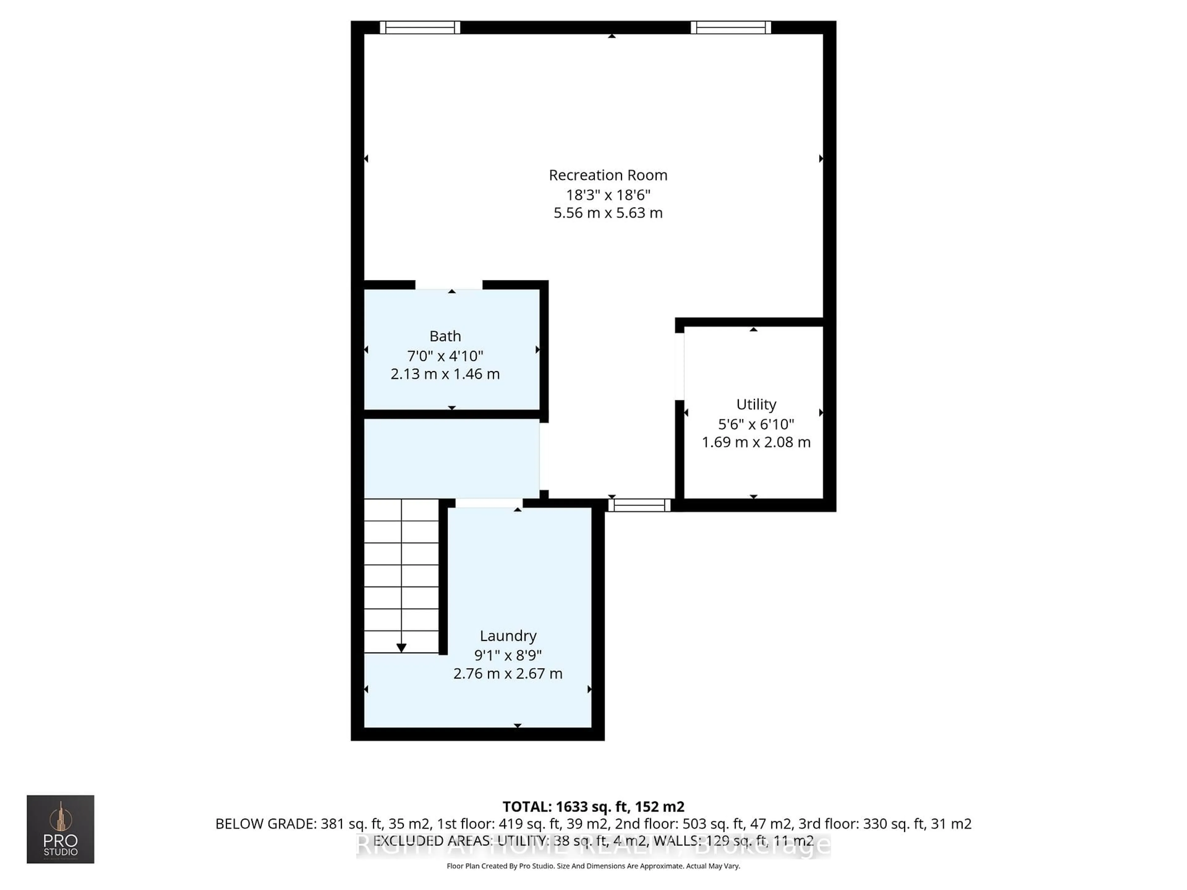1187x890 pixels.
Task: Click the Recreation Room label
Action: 608,176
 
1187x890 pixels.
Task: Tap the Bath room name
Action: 445,336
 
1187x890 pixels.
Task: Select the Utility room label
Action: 756,405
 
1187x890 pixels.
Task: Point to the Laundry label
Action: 508,636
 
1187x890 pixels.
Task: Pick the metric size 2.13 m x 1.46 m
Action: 445,374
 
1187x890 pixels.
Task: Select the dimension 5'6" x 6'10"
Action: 756,424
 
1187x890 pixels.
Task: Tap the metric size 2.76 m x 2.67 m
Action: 508,673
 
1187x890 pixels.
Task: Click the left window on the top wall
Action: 420,28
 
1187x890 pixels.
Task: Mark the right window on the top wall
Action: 730,28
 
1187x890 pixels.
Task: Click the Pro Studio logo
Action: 61,829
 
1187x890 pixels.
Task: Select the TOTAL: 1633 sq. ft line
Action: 593,806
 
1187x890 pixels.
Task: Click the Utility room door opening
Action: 679,367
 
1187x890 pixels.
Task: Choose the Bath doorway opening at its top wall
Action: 449,285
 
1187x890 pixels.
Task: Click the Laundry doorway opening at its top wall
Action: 489,503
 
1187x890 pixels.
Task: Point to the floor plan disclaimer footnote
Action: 593,866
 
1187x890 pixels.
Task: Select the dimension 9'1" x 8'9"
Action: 508,655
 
